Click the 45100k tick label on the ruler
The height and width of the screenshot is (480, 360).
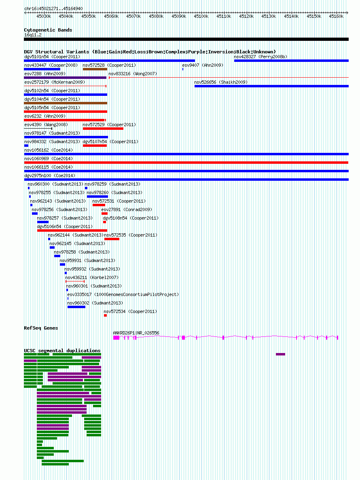201,16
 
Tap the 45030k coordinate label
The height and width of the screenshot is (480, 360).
44,16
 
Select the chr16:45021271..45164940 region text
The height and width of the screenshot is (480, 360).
53,8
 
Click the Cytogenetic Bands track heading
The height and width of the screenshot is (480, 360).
48,30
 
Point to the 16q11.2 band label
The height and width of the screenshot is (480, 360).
33,35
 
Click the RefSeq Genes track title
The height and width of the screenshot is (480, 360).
41,328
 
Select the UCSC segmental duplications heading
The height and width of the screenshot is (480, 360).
62,351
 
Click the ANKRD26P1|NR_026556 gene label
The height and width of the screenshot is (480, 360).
136,333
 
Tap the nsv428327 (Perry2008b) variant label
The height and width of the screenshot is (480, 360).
260,57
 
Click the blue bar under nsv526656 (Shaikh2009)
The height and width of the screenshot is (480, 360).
271,86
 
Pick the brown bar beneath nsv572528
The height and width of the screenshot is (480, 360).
95,69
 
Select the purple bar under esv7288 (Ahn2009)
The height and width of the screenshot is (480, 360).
65,78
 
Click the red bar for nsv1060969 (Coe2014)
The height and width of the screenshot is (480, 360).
186,163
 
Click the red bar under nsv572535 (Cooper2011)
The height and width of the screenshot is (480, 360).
112,239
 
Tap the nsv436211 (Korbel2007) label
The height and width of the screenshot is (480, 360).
92,278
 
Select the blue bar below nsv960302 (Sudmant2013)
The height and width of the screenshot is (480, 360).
76,307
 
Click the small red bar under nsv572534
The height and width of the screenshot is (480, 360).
105,315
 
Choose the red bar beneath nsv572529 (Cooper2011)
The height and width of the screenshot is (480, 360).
103,129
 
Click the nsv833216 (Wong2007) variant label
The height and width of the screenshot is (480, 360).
133,74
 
